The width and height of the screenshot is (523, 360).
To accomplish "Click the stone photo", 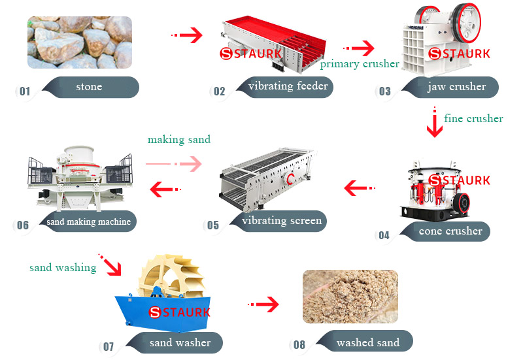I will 79,42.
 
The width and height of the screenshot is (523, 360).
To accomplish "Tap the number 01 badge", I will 25,91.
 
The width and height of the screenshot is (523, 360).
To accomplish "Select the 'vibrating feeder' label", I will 288,86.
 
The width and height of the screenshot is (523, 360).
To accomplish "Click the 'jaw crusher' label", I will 456,86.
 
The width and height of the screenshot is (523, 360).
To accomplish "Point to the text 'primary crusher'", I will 360,63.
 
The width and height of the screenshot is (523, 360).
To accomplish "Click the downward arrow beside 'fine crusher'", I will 435,123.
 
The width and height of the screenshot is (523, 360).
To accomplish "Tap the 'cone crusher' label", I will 450,231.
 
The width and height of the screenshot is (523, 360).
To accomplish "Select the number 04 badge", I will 384,235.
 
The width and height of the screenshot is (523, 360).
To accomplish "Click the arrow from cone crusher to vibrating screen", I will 359,189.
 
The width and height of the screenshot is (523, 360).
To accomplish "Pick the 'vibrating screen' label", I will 282,220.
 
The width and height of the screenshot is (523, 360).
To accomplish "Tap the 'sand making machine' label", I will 88,221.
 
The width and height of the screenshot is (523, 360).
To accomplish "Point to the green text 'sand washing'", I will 63,267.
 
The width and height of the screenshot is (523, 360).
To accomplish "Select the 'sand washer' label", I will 180,342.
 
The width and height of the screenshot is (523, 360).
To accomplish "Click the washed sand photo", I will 350,297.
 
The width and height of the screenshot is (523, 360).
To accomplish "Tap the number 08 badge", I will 299,345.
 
